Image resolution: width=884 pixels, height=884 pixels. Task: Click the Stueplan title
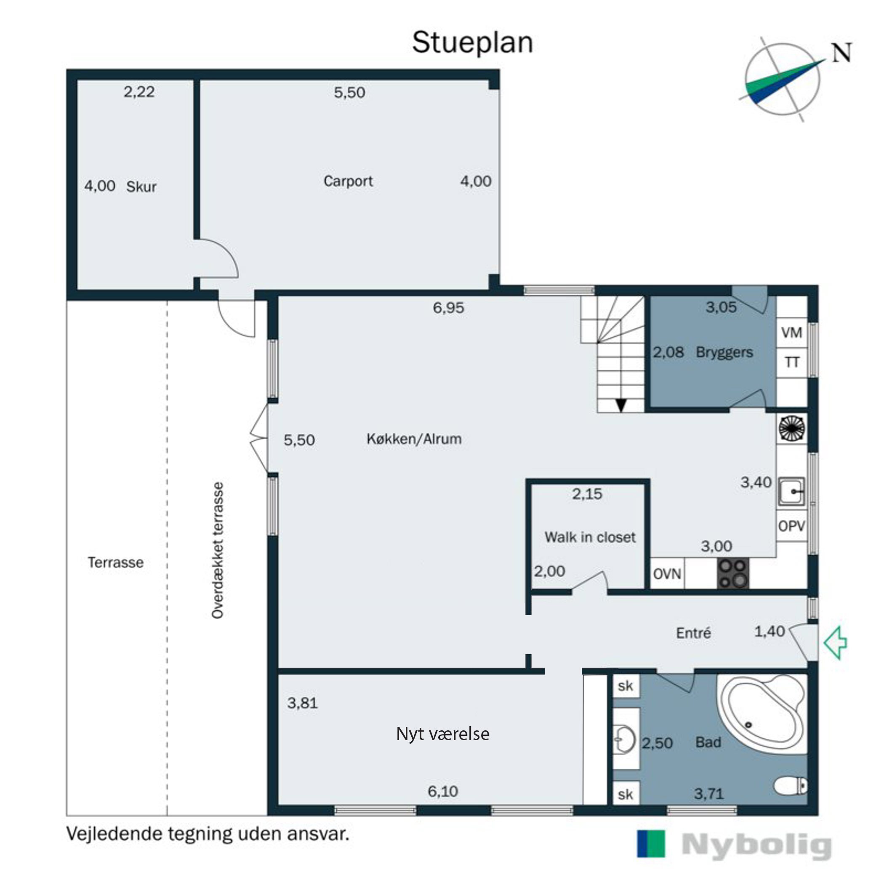click(x=473, y=43)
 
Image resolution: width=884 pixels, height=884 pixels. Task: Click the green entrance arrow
click(x=836, y=643)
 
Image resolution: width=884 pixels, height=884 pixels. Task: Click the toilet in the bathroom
click(x=791, y=786)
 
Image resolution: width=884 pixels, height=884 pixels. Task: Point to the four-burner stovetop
click(x=733, y=573)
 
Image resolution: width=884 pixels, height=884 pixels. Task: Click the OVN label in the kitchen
click(x=667, y=574)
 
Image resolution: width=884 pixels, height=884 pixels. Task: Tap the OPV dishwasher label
click(x=791, y=526)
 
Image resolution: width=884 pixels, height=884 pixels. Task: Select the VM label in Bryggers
click(x=791, y=333)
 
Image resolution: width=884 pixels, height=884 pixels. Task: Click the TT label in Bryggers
click(x=792, y=362)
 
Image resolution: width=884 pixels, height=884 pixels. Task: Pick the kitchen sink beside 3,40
click(x=791, y=492)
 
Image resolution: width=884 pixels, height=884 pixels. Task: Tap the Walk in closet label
click(x=590, y=537)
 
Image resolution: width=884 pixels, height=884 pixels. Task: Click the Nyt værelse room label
click(x=443, y=734)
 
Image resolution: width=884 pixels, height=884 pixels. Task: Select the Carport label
click(x=348, y=181)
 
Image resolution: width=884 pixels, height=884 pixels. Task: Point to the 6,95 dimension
click(x=448, y=307)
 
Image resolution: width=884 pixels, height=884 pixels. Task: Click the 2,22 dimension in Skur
click(x=139, y=92)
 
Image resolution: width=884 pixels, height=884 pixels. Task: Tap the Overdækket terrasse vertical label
click(x=218, y=551)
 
